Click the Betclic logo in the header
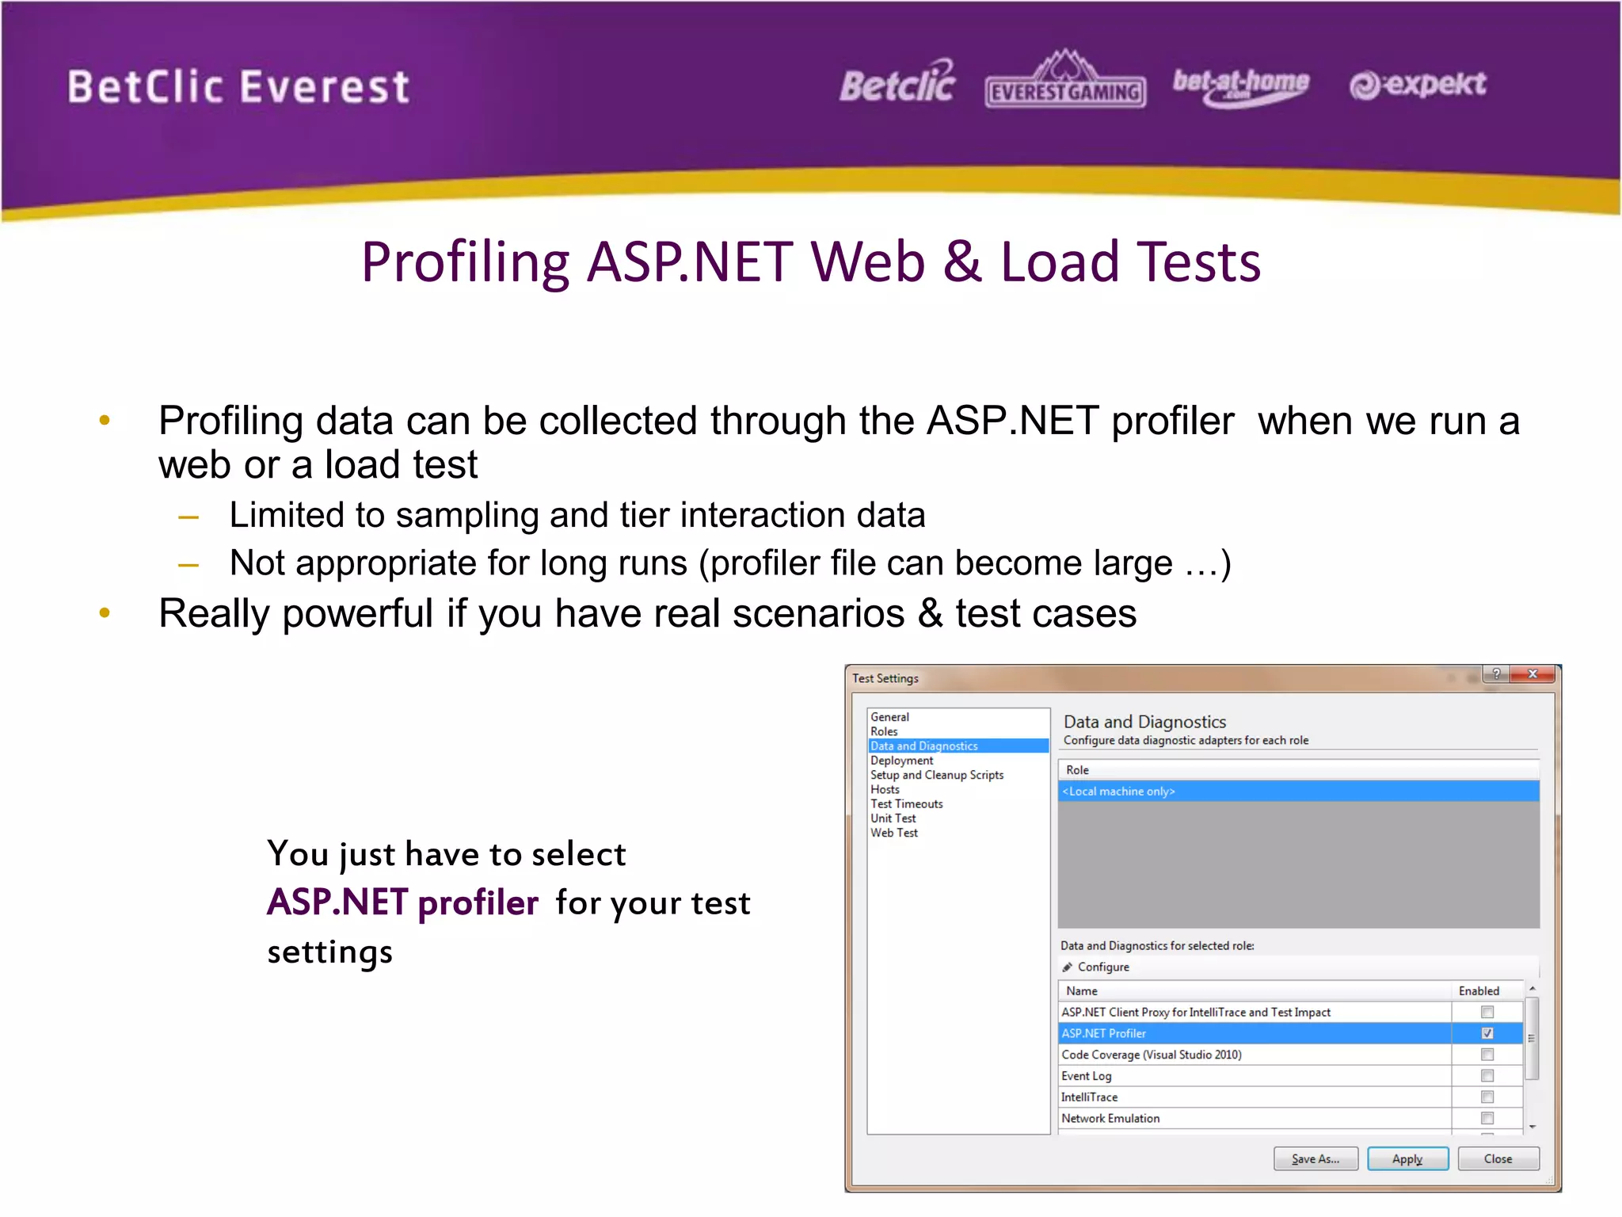coord(897,84)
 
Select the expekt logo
coord(1418,84)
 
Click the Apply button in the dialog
coord(1407,1158)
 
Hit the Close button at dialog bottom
coord(1498,1158)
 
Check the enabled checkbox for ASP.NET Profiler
coord(1487,1033)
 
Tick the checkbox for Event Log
coord(1487,1076)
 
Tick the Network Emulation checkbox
coord(1487,1118)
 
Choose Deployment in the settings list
coord(901,761)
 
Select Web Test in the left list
coord(894,833)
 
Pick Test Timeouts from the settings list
coord(907,803)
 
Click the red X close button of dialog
coord(1533,674)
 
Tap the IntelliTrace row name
coord(1090,1097)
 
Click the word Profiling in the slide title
coord(466,262)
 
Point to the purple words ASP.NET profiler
coord(402,902)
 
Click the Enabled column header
coord(1479,991)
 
